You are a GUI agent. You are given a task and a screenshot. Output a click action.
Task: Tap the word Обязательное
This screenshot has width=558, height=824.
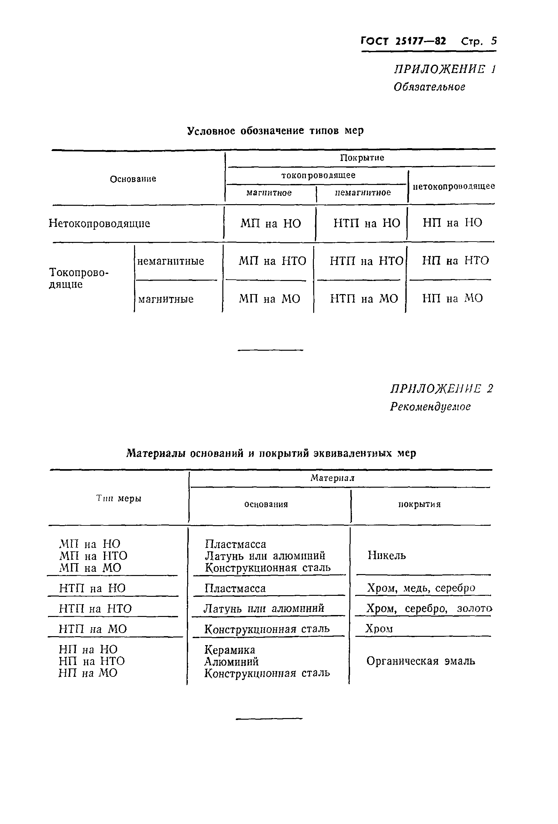[x=429, y=87]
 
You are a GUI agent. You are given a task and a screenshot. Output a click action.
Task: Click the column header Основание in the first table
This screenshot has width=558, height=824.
[x=133, y=179]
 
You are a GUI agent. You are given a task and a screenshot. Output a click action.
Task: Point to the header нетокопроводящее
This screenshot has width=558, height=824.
[x=453, y=186]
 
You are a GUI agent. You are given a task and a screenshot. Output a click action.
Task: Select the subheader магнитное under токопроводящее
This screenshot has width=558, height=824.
[x=269, y=193]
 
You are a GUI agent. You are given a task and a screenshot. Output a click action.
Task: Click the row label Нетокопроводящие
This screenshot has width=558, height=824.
[x=99, y=223]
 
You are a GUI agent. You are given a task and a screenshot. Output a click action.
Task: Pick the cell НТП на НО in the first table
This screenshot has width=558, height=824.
[x=367, y=223]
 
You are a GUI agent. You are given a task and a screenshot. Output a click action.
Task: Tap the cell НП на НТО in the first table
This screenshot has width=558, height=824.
[x=455, y=260]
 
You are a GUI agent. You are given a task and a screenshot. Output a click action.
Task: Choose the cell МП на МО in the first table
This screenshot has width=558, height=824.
[x=269, y=299]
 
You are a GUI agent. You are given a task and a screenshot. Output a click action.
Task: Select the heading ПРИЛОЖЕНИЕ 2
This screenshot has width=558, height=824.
[x=441, y=388]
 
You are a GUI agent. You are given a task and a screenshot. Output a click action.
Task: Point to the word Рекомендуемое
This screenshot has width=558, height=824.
[x=430, y=406]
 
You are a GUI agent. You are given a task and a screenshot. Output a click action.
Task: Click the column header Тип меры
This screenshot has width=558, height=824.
[x=119, y=499]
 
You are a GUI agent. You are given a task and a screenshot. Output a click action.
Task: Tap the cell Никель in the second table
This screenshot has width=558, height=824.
[x=387, y=555]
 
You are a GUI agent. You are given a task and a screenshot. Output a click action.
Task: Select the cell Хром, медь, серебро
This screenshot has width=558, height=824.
[x=421, y=588]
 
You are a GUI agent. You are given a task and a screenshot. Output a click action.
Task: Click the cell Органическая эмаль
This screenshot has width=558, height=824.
[x=420, y=661]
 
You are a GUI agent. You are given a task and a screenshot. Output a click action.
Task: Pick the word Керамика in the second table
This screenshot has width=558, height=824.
[x=230, y=650]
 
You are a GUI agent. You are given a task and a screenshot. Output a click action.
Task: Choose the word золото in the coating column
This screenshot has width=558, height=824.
[x=474, y=608]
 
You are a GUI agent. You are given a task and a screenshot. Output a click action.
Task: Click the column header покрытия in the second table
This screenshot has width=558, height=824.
[x=419, y=504]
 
